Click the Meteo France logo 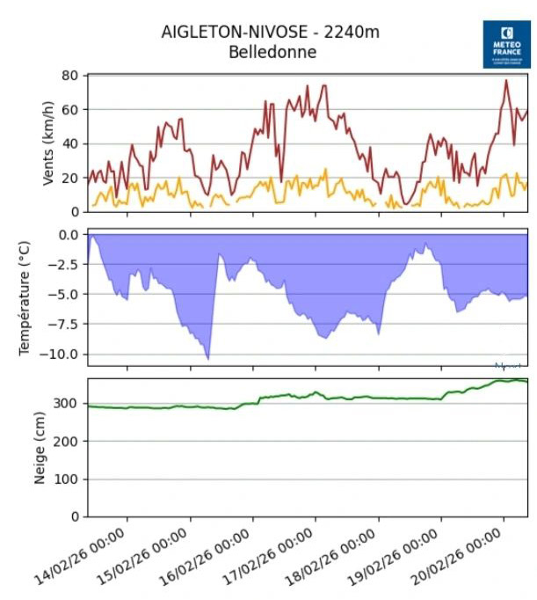[507, 45]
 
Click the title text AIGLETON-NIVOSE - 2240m [270, 33]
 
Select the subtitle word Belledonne [270, 52]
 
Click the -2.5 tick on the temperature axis [64, 265]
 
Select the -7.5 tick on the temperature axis [64, 324]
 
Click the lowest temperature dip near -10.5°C [207, 358]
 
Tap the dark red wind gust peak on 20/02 [506, 81]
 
